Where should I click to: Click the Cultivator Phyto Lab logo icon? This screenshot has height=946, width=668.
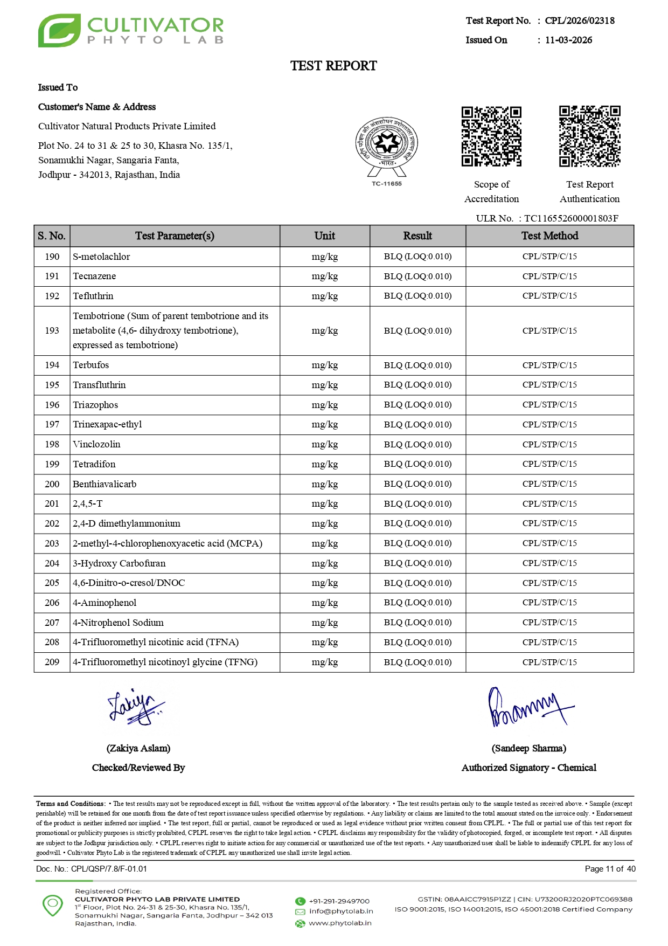(59, 31)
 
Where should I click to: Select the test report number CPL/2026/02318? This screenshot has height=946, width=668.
(580, 20)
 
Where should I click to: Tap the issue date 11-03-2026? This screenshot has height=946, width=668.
(568, 40)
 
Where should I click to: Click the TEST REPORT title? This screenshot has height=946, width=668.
(333, 66)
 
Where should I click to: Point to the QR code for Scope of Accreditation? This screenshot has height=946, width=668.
(491, 136)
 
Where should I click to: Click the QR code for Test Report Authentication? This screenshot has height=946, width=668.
(589, 136)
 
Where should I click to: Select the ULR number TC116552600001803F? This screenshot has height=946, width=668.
(571, 218)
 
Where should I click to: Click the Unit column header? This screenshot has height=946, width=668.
(324, 236)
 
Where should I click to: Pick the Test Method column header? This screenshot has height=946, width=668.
(549, 236)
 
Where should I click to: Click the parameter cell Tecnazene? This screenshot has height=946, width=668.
(94, 276)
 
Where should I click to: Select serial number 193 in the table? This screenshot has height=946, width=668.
(52, 330)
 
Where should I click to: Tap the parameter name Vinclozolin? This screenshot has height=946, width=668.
(96, 444)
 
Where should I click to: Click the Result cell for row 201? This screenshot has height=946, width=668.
(417, 503)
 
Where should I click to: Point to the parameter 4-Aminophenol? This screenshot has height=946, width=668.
(105, 603)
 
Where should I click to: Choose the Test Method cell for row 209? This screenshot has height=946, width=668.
(549, 662)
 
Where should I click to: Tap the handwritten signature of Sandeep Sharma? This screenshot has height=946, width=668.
(528, 708)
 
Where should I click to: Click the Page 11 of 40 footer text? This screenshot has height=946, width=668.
(610, 869)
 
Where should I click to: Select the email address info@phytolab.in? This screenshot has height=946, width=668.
(340, 912)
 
